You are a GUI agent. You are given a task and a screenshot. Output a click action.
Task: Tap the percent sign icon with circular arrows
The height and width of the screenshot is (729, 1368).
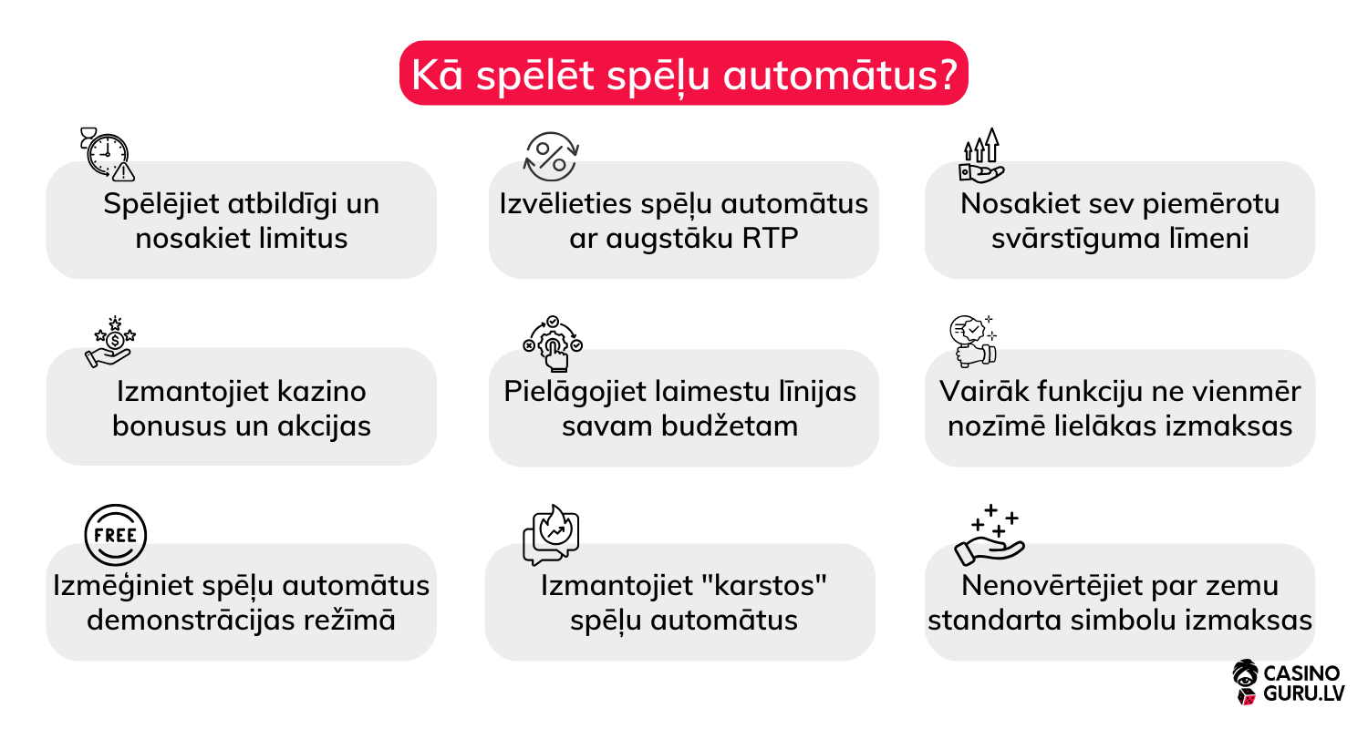coord(551,155)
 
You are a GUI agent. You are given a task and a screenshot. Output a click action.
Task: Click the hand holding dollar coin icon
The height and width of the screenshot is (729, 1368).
coord(110,343)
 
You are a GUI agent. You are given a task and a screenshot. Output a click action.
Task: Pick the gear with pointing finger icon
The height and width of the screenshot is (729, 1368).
coord(552,344)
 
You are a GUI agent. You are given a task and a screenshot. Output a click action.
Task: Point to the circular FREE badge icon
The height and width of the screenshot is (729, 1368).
coord(115,535)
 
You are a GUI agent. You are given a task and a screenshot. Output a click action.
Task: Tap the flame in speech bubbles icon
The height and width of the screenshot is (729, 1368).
coord(551,535)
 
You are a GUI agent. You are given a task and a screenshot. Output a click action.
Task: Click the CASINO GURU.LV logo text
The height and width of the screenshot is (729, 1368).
coord(1301,684)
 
